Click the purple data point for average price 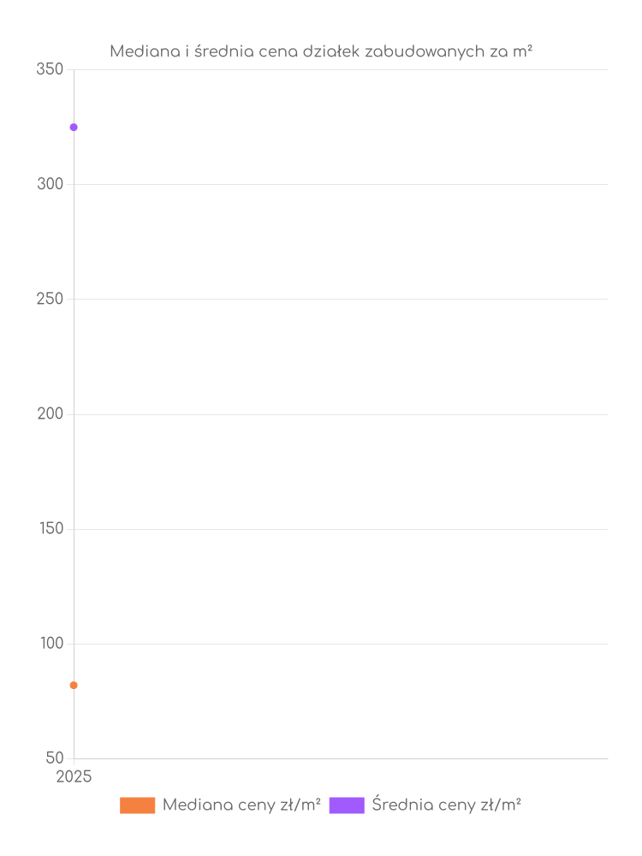[x=74, y=128]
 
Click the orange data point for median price [x=74, y=685]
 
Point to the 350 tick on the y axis [x=50, y=69]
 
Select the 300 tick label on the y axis [x=50, y=184]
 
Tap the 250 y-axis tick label [x=50, y=299]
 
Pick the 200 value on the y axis [x=50, y=413]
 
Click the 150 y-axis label [x=51, y=528]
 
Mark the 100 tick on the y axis [x=51, y=643]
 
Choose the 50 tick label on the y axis [x=54, y=758]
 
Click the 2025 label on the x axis [x=74, y=777]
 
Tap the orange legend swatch [x=137, y=805]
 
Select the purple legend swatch [x=346, y=805]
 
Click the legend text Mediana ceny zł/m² [x=241, y=805]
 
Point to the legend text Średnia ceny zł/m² [x=446, y=805]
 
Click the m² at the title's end [x=524, y=52]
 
